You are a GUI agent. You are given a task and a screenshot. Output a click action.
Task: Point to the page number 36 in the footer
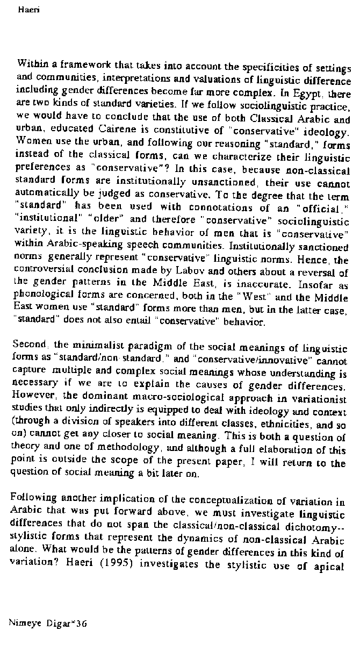pos(82,623)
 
